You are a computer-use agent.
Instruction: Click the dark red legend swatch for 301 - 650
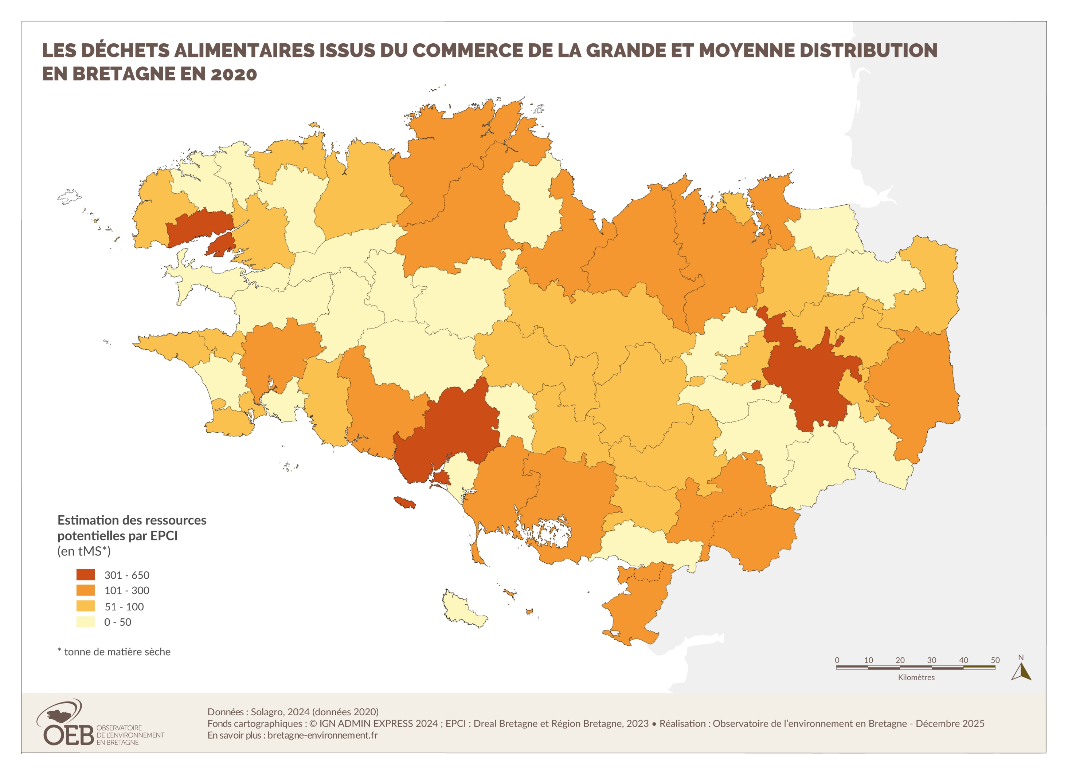[85, 575]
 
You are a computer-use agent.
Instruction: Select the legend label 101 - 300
[127, 590]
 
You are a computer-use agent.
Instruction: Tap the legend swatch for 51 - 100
[85, 606]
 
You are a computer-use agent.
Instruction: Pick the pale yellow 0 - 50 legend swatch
[85, 622]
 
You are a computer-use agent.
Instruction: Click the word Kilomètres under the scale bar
[916, 677]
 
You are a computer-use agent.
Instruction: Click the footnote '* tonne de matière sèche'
[114, 652]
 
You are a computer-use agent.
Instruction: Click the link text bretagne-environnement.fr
[322, 735]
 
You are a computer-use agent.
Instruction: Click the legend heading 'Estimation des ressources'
[132, 520]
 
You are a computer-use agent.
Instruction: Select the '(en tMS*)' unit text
[84, 551]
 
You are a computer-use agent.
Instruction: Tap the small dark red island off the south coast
[404, 503]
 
